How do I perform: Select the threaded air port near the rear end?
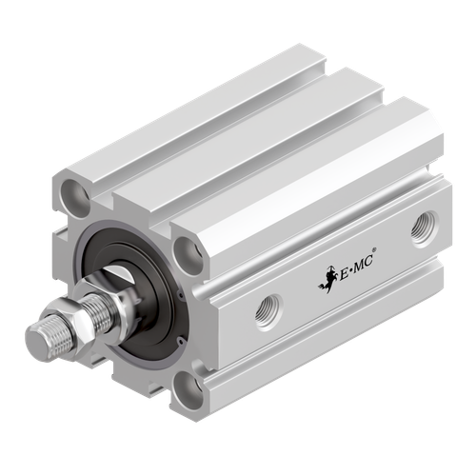[420, 228]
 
